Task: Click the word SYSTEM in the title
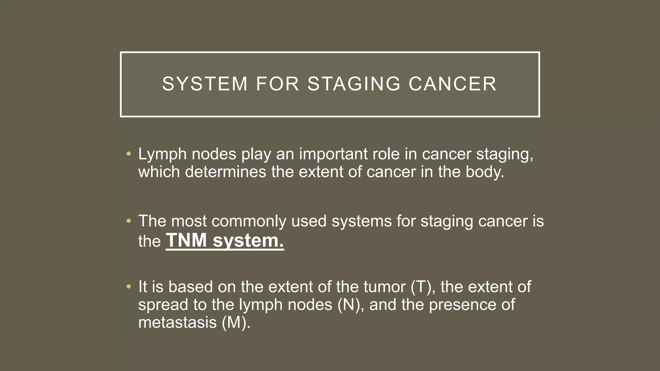coord(205,84)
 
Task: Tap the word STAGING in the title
coord(354,84)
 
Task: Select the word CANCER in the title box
coord(452,84)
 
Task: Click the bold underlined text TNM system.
coord(225,241)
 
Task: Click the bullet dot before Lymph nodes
coord(129,154)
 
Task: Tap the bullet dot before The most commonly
coord(129,221)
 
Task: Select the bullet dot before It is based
coord(129,287)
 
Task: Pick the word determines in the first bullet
coord(225,172)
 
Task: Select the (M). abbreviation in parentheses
coord(236,322)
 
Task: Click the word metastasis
coord(177,322)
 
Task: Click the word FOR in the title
coord(277,84)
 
